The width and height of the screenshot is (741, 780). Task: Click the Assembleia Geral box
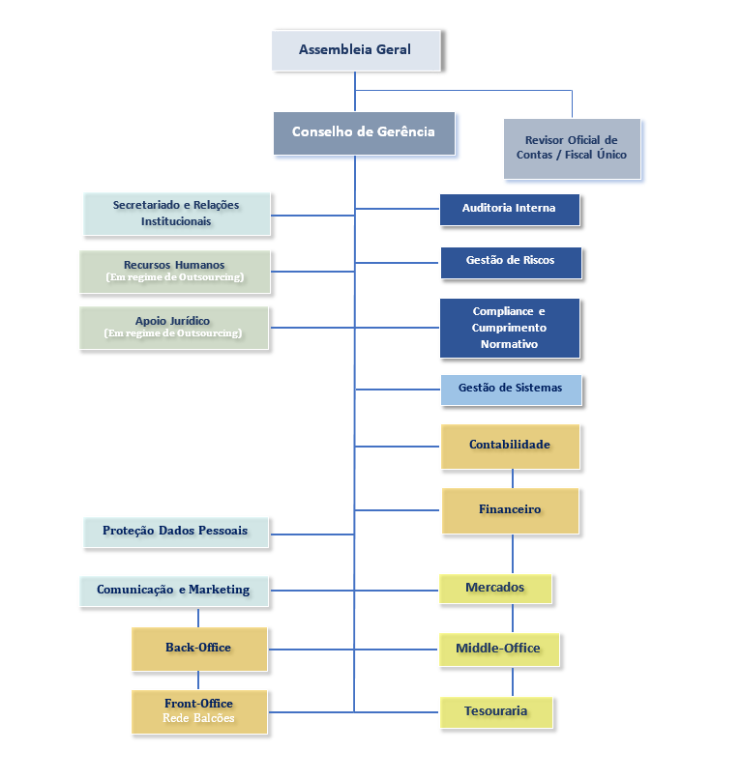355,49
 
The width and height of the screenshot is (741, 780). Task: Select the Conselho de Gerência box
363,132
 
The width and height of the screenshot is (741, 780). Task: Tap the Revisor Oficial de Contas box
571,148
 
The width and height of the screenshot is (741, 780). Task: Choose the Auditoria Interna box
509,209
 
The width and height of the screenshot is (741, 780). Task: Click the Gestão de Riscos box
510,262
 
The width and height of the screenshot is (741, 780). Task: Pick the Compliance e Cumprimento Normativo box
509,328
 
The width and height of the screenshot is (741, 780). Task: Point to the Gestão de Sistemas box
511,389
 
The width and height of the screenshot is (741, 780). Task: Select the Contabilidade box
510,446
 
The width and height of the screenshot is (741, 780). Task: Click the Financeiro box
510,510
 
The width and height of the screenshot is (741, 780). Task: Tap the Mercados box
495,588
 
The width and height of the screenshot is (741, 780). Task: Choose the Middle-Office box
498,649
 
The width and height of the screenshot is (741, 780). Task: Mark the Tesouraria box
496,711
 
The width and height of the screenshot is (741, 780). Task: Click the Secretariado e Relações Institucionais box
176,214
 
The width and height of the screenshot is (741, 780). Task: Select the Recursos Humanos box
174,272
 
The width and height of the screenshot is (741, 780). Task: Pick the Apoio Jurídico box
173,328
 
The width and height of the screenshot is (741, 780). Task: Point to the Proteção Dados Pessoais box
175,532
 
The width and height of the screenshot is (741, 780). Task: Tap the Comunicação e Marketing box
173,591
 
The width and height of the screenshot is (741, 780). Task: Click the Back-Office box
198,649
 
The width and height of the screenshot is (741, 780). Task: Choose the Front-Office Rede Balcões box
198,711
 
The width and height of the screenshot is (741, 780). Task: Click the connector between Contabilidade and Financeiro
512,478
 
